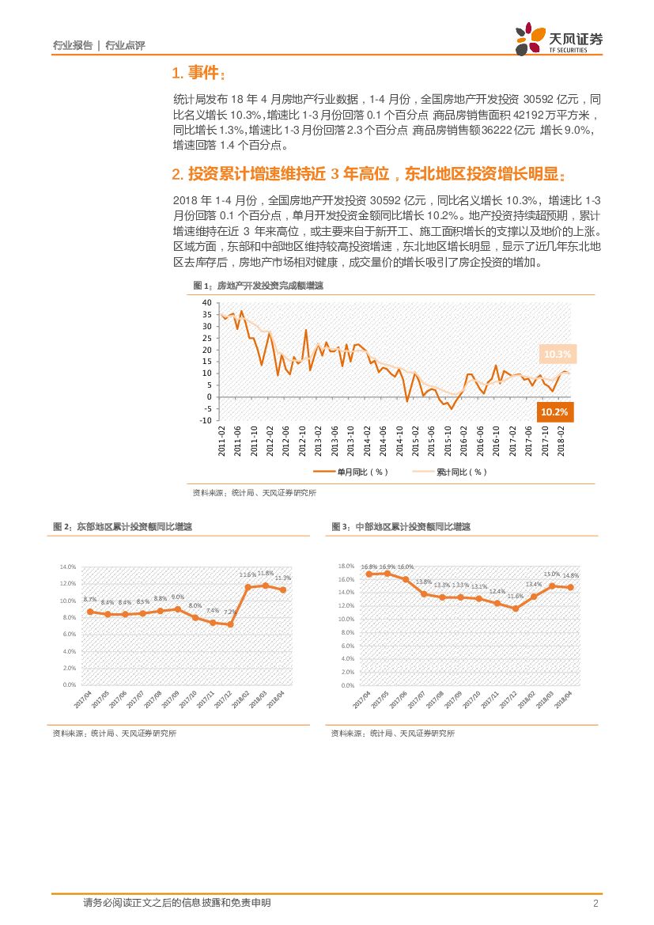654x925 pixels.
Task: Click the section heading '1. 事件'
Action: [198, 74]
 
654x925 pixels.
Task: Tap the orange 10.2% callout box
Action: [557, 411]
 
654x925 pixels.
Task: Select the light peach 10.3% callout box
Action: [558, 354]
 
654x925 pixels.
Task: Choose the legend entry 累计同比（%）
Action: [449, 472]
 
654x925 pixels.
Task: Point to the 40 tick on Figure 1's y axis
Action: [206, 303]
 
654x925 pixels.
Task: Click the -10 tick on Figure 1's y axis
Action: [205, 420]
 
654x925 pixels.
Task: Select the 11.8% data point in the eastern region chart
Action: [266, 586]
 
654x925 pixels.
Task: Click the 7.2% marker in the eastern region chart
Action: [230, 624]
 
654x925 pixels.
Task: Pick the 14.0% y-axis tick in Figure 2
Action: [67, 567]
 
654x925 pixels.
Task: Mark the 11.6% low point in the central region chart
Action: [516, 608]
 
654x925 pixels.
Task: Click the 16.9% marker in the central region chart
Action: [387, 573]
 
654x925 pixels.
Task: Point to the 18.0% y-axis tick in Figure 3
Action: [346, 567]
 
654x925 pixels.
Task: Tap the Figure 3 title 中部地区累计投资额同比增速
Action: [401, 527]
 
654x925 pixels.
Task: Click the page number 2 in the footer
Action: [595, 904]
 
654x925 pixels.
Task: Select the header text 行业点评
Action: [125, 46]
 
